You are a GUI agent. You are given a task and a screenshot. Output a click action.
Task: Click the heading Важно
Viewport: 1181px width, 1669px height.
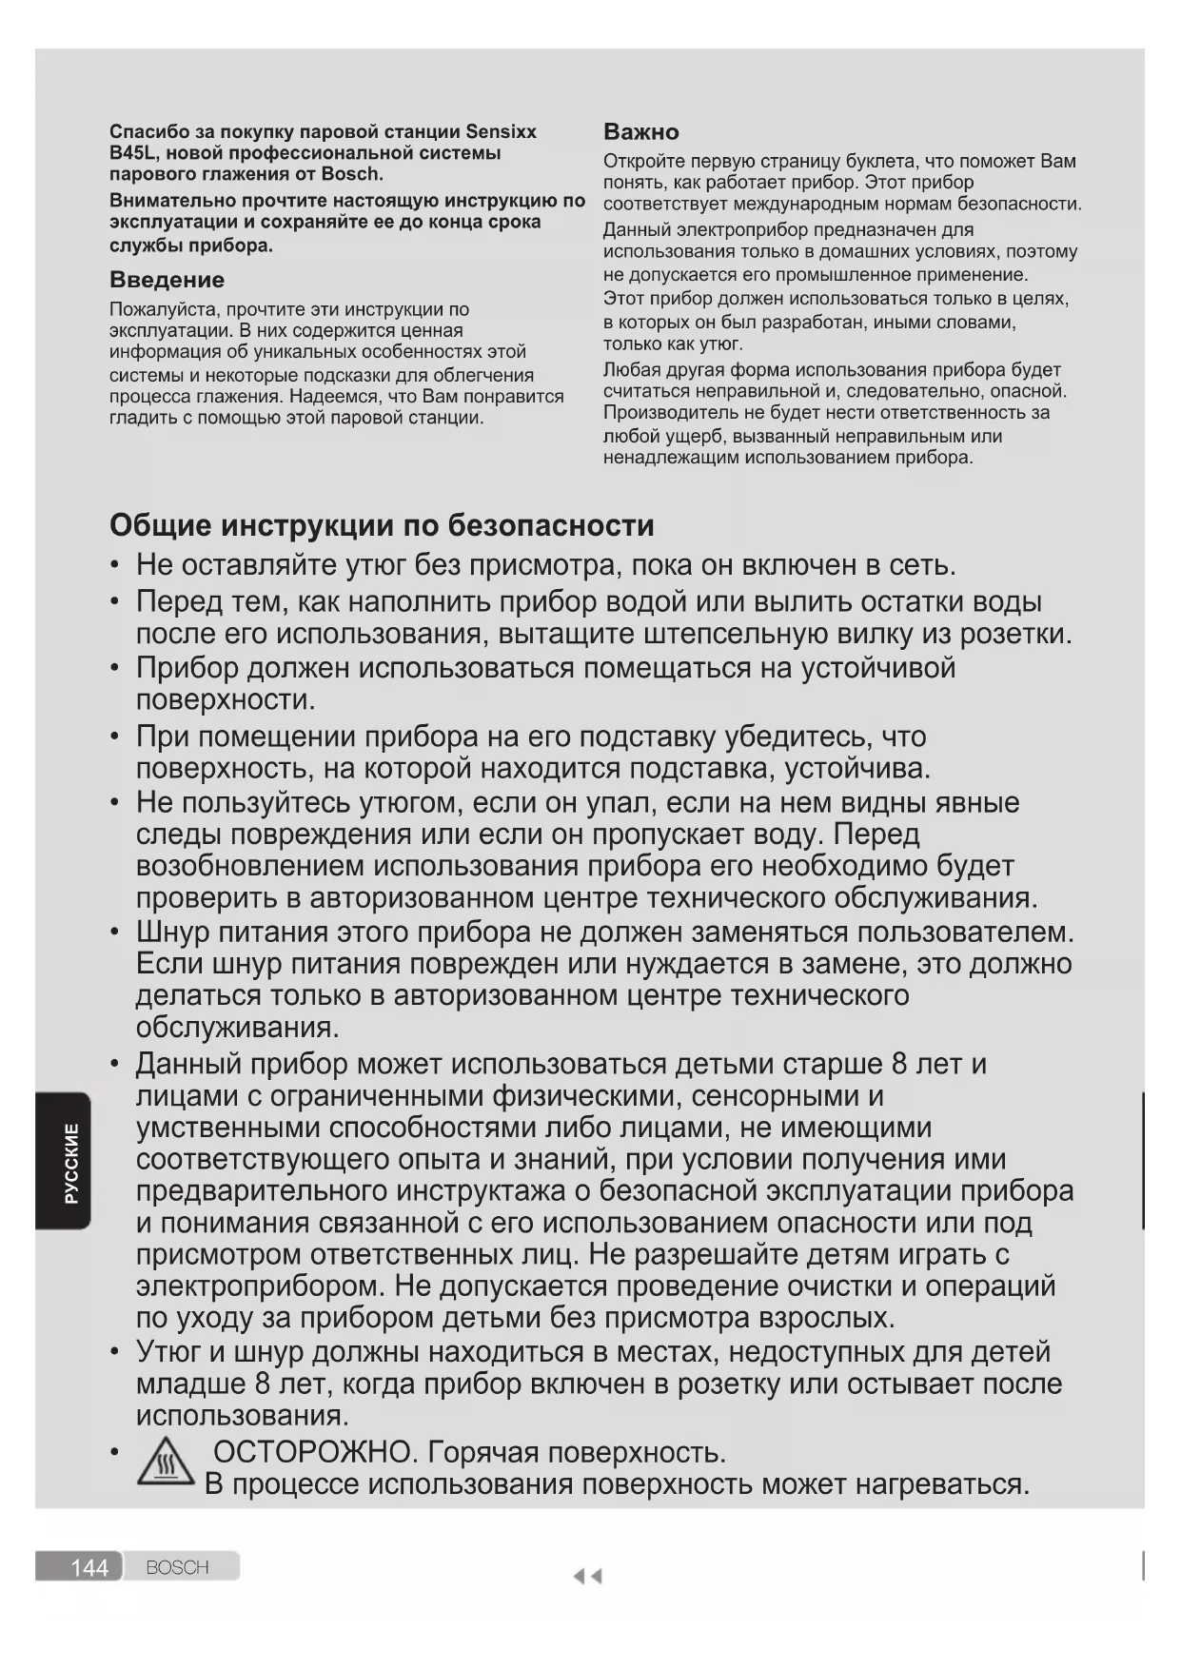coord(640,131)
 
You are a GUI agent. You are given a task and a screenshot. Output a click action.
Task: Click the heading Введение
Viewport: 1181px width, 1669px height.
coord(167,280)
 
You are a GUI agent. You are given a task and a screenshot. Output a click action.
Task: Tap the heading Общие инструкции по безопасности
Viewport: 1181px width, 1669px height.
coord(382,525)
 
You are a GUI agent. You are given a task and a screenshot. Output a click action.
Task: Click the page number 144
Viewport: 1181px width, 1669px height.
coord(89,1567)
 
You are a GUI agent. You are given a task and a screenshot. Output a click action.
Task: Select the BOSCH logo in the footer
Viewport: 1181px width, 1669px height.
coord(177,1567)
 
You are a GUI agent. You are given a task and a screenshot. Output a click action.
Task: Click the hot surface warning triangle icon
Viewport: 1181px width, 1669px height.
coord(166,1462)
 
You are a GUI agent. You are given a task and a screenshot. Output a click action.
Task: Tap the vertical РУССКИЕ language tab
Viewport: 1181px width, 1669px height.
coord(71,1162)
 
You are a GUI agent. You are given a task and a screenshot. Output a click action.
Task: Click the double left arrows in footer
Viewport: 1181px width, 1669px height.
coord(587,1577)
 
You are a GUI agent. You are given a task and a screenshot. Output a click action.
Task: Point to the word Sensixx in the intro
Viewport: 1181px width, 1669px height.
coord(501,131)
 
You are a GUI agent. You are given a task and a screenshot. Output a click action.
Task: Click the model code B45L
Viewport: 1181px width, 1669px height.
coord(134,153)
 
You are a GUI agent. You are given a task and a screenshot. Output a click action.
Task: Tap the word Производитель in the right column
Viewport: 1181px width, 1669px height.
coord(670,413)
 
